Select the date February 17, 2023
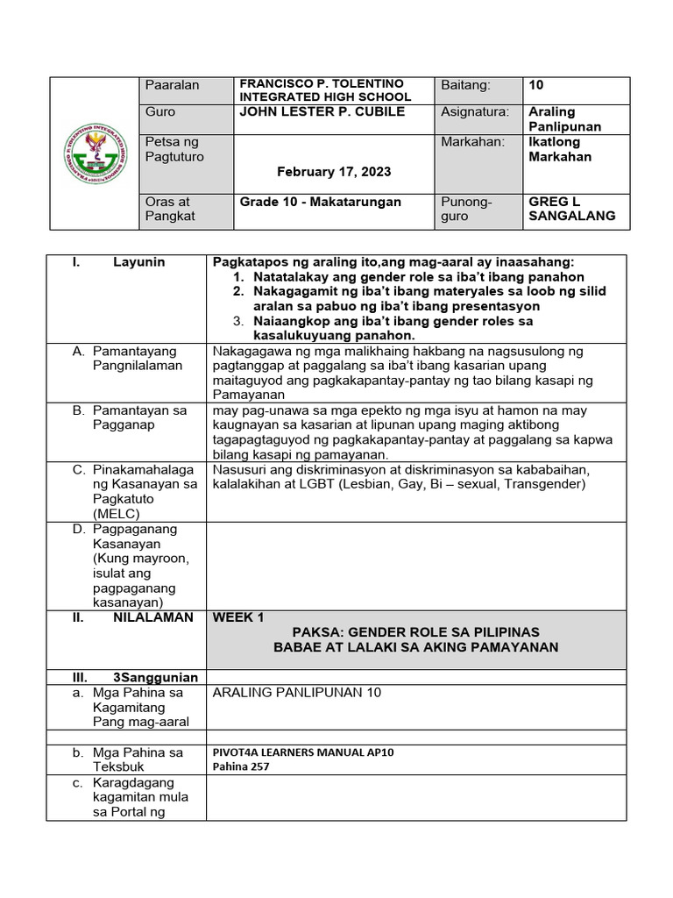(334, 172)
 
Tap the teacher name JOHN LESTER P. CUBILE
(322, 112)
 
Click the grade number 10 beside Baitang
(537, 85)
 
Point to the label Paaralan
(174, 85)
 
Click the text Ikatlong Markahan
(560, 149)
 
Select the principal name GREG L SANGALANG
(572, 209)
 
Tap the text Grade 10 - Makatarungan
(321, 202)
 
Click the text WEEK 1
(238, 617)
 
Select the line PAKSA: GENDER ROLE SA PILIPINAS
(416, 632)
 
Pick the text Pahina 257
(241, 766)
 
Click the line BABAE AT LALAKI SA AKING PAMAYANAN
(416, 647)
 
